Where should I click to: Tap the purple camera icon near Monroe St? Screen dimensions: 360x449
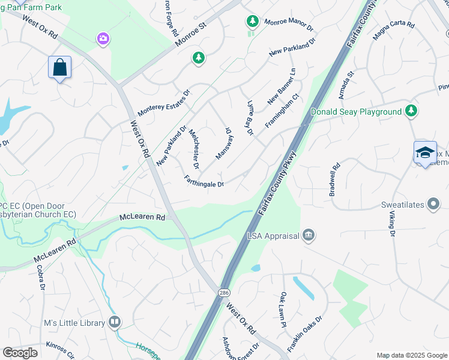click(x=103, y=39)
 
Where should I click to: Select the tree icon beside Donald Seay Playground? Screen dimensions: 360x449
click(x=411, y=111)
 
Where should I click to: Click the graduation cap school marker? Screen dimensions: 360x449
click(x=425, y=152)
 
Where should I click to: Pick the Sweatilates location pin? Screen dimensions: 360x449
click(x=433, y=205)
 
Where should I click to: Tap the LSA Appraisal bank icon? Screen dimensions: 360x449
click(x=308, y=235)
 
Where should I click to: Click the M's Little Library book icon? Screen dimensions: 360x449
click(x=114, y=322)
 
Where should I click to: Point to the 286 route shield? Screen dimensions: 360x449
click(x=224, y=292)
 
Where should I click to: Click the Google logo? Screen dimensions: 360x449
click(x=20, y=353)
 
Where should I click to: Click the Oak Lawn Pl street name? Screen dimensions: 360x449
click(x=283, y=310)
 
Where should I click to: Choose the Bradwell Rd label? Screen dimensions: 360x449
click(x=335, y=179)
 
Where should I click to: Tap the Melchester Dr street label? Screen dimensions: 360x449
click(x=194, y=148)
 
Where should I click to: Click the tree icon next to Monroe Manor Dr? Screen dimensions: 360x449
click(x=252, y=22)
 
